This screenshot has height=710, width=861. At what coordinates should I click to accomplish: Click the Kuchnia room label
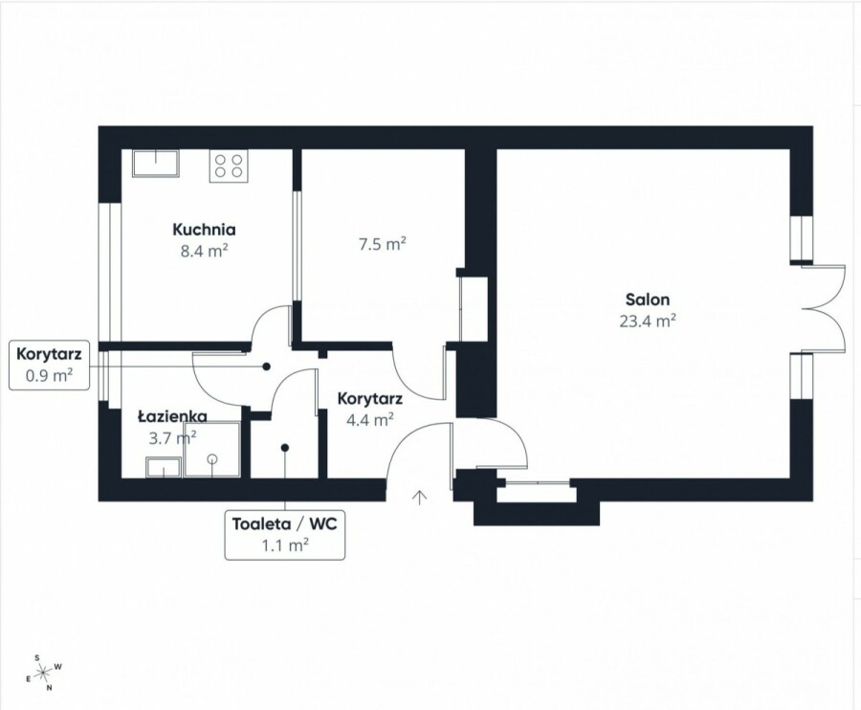(x=204, y=230)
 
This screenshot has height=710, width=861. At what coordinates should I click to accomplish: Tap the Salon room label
(x=648, y=300)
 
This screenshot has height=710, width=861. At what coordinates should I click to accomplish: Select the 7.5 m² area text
(x=382, y=244)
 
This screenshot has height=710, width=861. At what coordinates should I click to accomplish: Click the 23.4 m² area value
(x=648, y=321)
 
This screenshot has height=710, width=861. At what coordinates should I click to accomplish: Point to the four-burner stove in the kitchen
(x=229, y=166)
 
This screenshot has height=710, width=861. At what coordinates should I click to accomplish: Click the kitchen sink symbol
(x=156, y=163)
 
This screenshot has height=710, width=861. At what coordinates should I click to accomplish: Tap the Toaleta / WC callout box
(x=285, y=535)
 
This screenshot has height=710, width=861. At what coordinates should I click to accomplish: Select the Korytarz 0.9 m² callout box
(x=49, y=366)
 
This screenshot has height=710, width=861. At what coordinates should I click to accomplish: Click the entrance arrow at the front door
(x=420, y=497)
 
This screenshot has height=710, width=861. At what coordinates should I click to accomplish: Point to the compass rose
(x=43, y=672)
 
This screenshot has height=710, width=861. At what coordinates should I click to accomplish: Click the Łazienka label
(x=172, y=417)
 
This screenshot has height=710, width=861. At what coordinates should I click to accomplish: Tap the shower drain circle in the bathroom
(x=212, y=459)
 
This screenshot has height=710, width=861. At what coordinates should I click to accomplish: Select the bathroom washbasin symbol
(x=164, y=467)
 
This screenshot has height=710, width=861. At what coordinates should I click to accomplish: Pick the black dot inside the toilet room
(x=285, y=448)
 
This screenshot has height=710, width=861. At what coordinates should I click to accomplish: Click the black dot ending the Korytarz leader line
(x=266, y=366)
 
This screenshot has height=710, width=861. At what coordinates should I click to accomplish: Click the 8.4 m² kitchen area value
(x=205, y=251)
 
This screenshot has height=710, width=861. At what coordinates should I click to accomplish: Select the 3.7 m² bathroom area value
(x=172, y=437)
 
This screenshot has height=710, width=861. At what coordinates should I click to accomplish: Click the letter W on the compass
(x=58, y=667)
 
